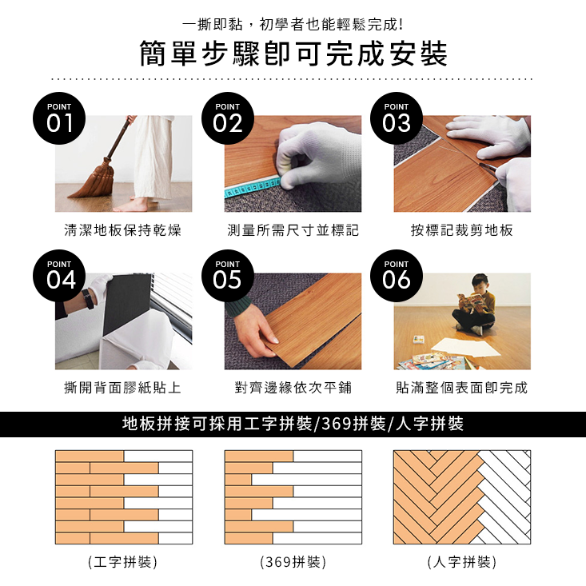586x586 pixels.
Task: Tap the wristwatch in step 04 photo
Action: click(x=86, y=299)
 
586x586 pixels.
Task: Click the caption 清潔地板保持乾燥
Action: click(x=123, y=231)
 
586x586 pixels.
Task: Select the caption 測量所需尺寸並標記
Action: click(x=293, y=231)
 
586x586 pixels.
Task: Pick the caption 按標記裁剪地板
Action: click(x=461, y=231)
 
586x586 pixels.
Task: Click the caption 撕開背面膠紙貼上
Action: click(x=123, y=389)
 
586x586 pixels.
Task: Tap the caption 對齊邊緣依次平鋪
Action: click(x=293, y=389)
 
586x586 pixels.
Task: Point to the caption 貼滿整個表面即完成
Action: click(x=461, y=389)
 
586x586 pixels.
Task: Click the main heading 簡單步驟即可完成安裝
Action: click(x=293, y=54)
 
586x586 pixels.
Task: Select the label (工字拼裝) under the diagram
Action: click(x=123, y=563)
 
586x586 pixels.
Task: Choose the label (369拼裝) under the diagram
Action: click(x=293, y=563)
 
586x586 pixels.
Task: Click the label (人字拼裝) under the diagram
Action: click(x=461, y=563)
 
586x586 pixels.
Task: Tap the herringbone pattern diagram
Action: click(x=461, y=497)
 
